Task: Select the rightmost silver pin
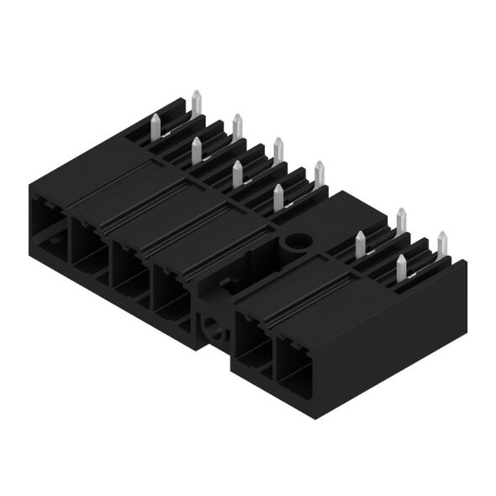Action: (441, 245)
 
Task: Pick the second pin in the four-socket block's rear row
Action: (237, 129)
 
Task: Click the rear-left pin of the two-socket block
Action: (401, 221)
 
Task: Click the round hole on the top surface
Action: (296, 243)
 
